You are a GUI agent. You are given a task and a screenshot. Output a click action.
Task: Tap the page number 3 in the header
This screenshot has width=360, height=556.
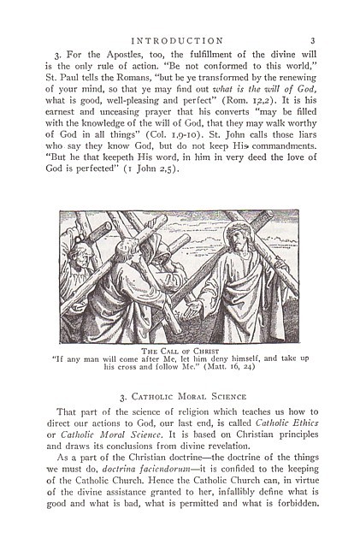click(x=313, y=40)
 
